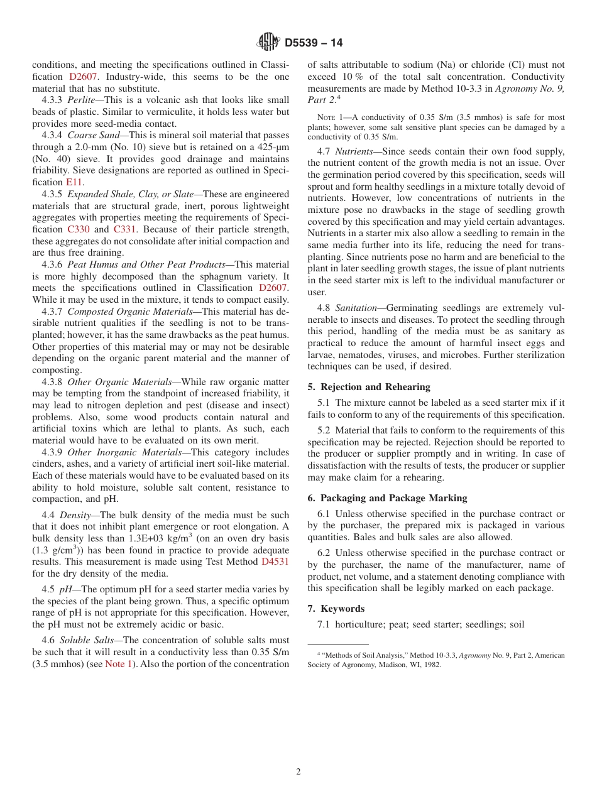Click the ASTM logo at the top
click(268, 43)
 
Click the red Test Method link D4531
click(275, 562)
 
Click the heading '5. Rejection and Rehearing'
click(369, 387)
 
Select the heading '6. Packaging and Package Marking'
click(387, 498)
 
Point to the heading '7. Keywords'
click(336, 609)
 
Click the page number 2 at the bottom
click(298, 772)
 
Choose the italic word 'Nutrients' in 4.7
click(355, 151)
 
